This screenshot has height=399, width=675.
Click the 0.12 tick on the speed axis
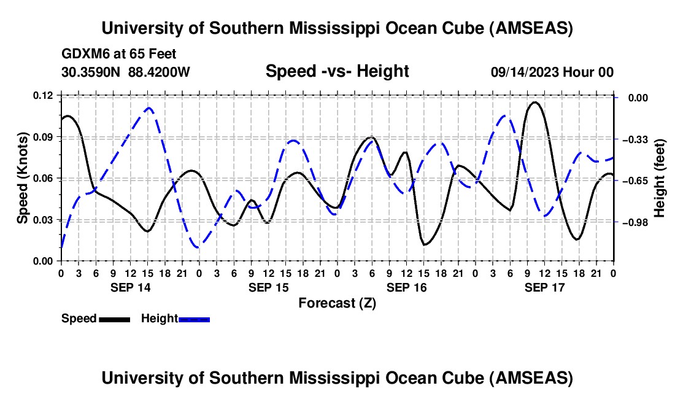click(x=44, y=95)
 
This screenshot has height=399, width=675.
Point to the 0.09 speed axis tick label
click(x=44, y=136)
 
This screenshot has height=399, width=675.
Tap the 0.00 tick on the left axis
click(x=44, y=261)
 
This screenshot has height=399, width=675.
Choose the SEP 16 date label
click(x=406, y=287)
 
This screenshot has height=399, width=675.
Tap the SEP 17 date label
click(x=544, y=287)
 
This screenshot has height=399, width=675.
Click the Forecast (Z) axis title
click(x=337, y=303)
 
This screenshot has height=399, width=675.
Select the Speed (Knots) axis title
click(x=22, y=178)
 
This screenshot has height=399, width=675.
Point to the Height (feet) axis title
click(x=660, y=178)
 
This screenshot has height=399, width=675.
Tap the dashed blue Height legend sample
click(x=194, y=319)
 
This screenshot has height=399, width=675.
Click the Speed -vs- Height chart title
click(x=337, y=72)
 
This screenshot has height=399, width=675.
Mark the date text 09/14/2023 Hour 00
click(x=552, y=72)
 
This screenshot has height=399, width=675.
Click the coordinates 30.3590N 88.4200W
click(x=126, y=72)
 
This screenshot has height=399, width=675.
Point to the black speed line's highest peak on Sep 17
click(x=535, y=103)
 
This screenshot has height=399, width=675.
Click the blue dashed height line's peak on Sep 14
click(x=148, y=108)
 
